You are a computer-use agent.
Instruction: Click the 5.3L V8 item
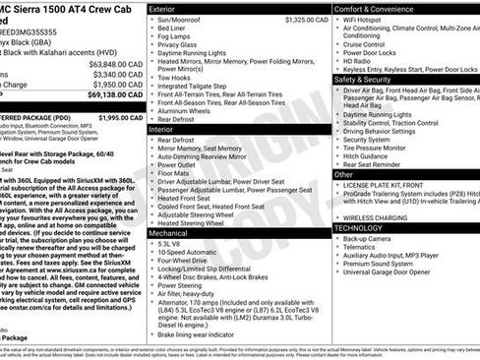(x=169, y=243)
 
